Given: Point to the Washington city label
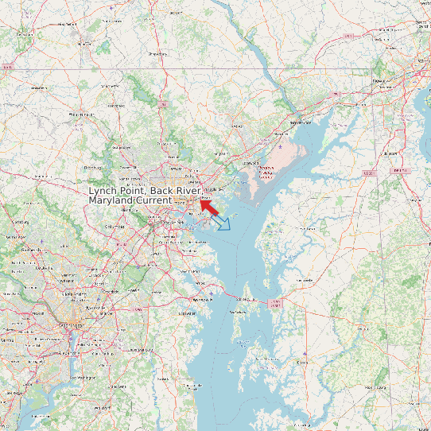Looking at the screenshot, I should (71, 325).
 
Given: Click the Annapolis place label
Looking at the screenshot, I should (203, 300).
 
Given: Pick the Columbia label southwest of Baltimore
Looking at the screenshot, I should (115, 227).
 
